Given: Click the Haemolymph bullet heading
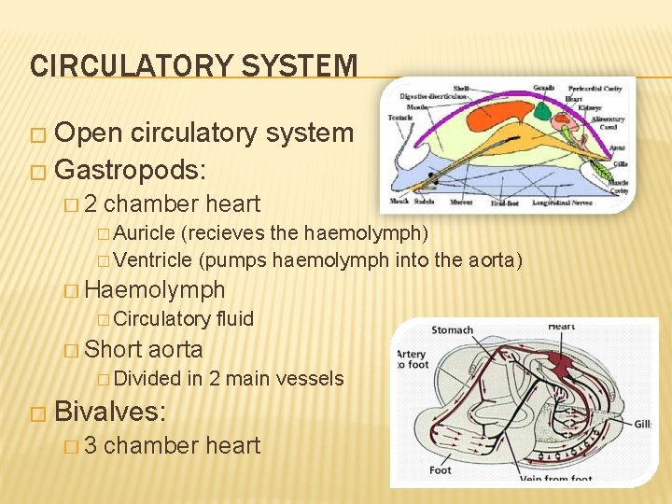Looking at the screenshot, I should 154,289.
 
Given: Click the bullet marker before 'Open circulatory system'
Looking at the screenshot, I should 36,134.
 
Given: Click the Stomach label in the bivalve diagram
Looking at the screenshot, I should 453,329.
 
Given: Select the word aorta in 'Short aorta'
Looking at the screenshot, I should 175,349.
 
